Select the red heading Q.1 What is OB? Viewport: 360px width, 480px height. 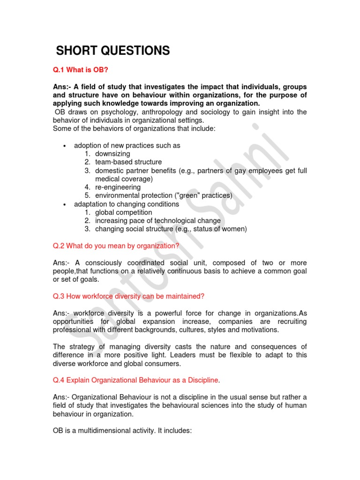[x=81, y=69]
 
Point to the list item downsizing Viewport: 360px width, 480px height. [x=112, y=154]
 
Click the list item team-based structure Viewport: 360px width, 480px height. [x=128, y=162]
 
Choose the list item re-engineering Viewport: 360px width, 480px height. [x=118, y=187]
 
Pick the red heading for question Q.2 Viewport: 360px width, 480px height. [x=116, y=246]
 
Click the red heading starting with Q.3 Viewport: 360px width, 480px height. [x=129, y=296]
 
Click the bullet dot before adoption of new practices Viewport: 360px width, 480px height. [x=64, y=146]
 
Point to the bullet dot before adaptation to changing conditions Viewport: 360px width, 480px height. [x=64, y=204]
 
